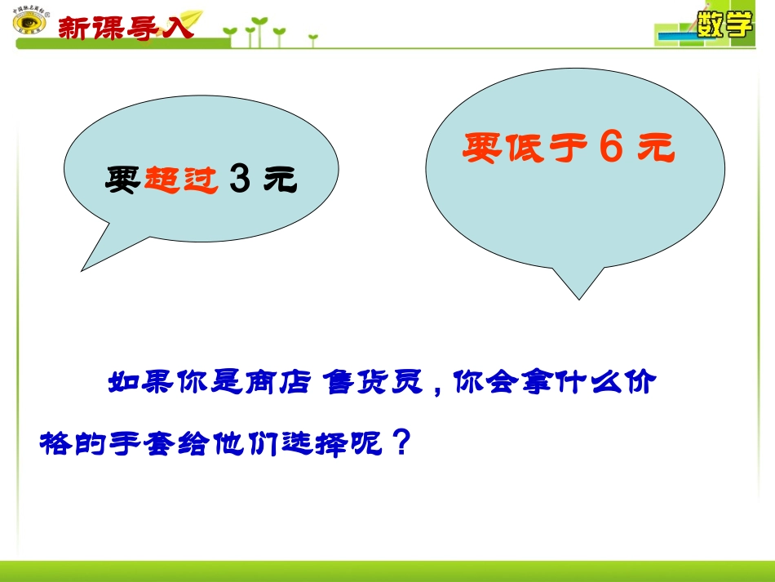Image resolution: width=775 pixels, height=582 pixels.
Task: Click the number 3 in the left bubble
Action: (239, 180)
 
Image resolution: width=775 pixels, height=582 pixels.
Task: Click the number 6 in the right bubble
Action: (611, 147)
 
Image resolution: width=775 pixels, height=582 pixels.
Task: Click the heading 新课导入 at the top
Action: (126, 27)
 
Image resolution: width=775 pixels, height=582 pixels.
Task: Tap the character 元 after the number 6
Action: (657, 148)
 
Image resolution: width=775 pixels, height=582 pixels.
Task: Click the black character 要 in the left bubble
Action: (124, 180)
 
